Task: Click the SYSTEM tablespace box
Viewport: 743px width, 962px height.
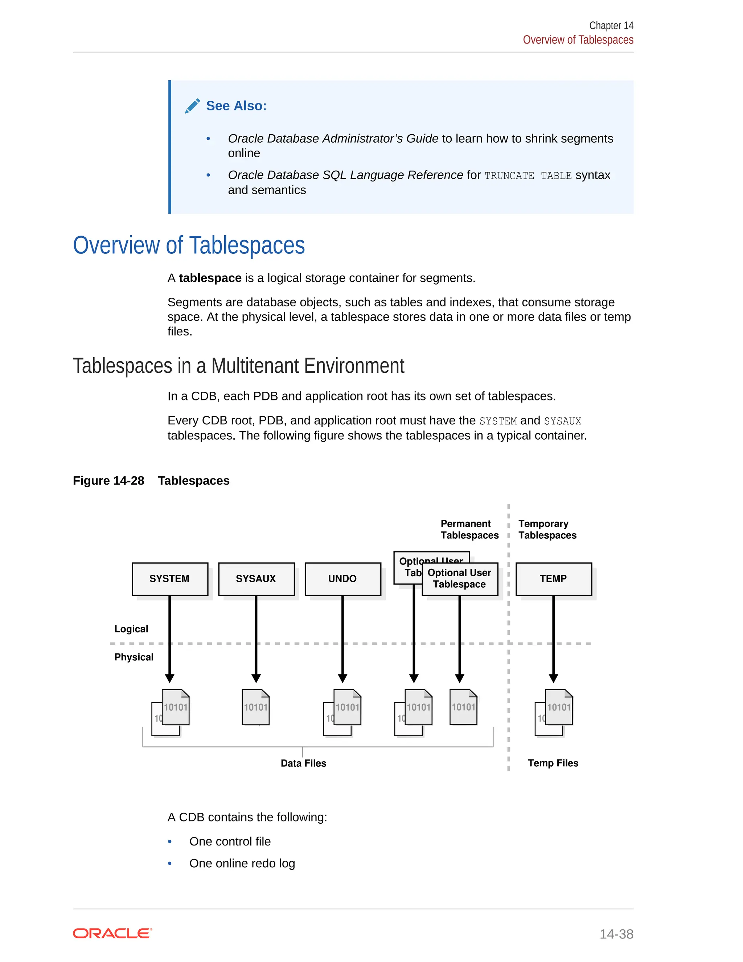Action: (170, 579)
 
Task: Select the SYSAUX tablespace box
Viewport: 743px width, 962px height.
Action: (256, 579)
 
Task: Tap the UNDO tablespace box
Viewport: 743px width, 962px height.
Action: (342, 579)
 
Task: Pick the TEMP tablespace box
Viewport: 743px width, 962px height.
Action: (553, 579)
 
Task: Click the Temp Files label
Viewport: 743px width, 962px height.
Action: (553, 763)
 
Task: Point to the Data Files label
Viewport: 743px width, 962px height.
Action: (303, 763)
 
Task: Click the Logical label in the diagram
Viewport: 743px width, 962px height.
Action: (131, 629)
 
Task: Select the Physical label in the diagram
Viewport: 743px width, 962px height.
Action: (134, 657)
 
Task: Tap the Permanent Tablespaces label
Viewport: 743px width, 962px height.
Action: (469, 529)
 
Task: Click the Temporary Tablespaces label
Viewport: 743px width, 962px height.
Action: (547, 529)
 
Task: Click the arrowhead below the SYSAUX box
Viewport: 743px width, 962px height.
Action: (256, 678)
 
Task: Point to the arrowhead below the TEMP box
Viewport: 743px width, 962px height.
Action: (553, 678)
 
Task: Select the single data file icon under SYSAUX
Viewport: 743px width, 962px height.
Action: (256, 707)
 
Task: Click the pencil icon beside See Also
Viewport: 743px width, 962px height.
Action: (192, 106)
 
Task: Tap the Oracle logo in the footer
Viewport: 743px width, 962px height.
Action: (112, 933)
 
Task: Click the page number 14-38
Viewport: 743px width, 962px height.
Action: (616, 934)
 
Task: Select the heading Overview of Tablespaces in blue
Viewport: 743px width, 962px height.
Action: (189, 245)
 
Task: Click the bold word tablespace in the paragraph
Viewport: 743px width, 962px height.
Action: (210, 278)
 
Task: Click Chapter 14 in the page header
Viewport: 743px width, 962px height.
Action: (611, 25)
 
